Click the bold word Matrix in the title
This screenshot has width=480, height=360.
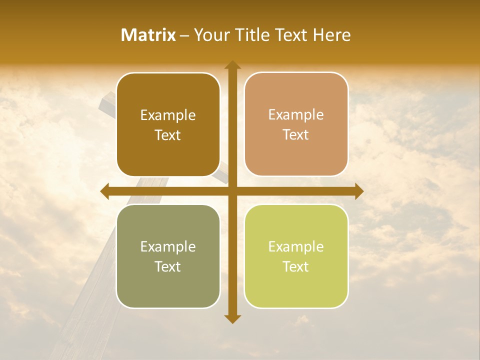(x=148, y=35)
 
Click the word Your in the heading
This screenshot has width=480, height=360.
(x=210, y=35)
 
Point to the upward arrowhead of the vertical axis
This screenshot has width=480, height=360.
(x=232, y=65)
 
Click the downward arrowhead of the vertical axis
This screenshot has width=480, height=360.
(x=232, y=318)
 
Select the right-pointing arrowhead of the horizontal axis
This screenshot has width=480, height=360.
(x=358, y=191)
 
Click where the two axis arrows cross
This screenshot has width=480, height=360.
(x=232, y=191)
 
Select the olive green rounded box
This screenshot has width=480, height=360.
(x=168, y=285)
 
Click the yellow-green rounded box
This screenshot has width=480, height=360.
(x=296, y=285)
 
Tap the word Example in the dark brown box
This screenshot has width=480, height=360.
(x=168, y=115)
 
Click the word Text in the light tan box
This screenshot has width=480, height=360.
(x=296, y=135)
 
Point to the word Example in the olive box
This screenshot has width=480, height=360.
(x=168, y=247)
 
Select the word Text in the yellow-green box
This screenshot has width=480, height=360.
(x=296, y=266)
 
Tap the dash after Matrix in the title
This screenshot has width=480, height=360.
(x=184, y=35)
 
